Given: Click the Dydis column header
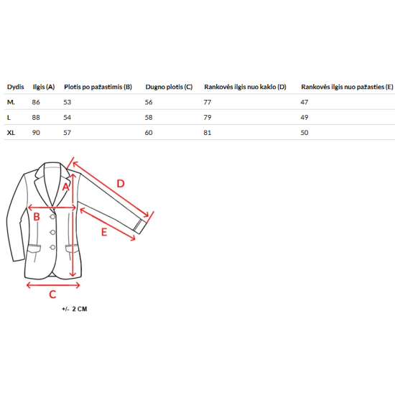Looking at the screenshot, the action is pos(15,87).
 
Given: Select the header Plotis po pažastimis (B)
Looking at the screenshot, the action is pos(98,87).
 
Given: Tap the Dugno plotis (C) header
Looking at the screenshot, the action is pos(169,87).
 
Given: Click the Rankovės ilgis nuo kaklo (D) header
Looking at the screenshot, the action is pos(245,87).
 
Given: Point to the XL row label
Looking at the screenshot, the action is pos(11,133).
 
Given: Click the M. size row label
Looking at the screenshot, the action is pos(11,102).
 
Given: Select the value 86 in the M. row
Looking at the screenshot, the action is pos(36,102).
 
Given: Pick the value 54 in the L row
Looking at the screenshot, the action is pos(68,117).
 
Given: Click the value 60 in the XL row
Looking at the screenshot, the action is pos(149,133).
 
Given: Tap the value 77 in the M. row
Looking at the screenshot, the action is pos(208,102).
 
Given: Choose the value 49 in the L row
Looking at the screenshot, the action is pos(305,117).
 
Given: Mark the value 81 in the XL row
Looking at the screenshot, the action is pos(208,133).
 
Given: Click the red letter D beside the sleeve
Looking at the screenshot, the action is pos(121,184).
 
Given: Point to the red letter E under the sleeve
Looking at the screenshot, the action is pos(104,232).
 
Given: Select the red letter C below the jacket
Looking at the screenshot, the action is pos(52,294).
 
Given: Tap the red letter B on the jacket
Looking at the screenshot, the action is pos(37,217).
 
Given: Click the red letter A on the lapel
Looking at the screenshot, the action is pos(66,187).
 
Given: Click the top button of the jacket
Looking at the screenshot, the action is pos(52,217).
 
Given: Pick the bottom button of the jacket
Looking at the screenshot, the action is pos(52,247).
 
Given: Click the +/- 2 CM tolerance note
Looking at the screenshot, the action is pos(75,309).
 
